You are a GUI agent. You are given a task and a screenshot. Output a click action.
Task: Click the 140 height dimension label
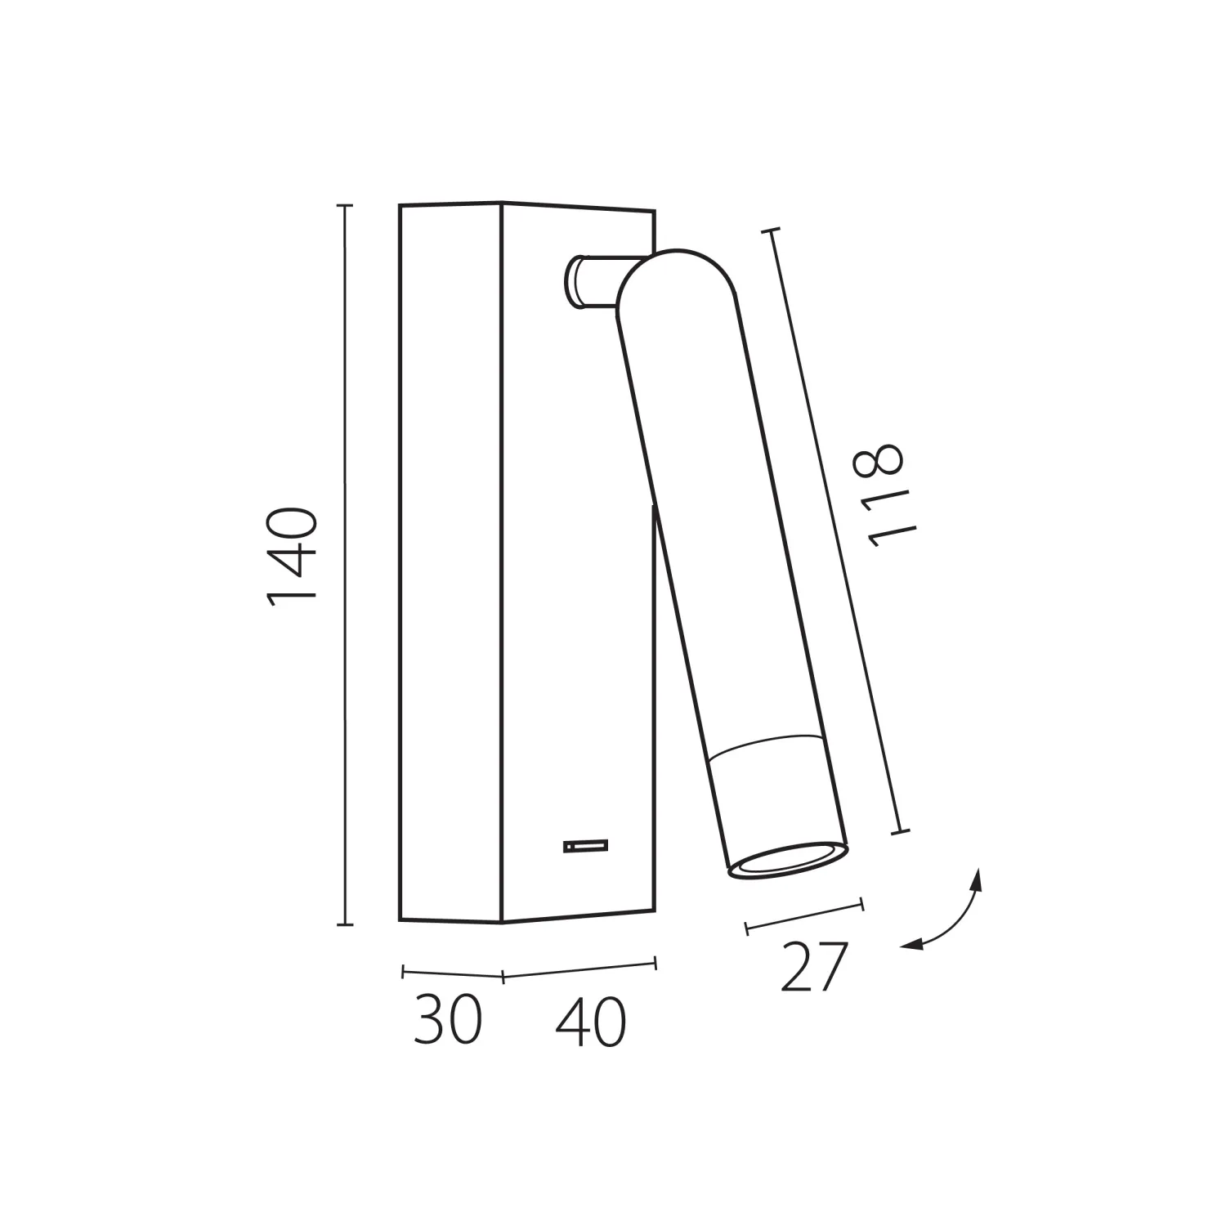(292, 557)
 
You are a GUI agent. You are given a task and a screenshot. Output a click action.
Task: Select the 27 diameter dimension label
(812, 967)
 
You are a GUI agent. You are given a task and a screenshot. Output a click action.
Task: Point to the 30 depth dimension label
(448, 1021)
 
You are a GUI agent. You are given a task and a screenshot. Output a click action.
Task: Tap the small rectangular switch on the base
(585, 846)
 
